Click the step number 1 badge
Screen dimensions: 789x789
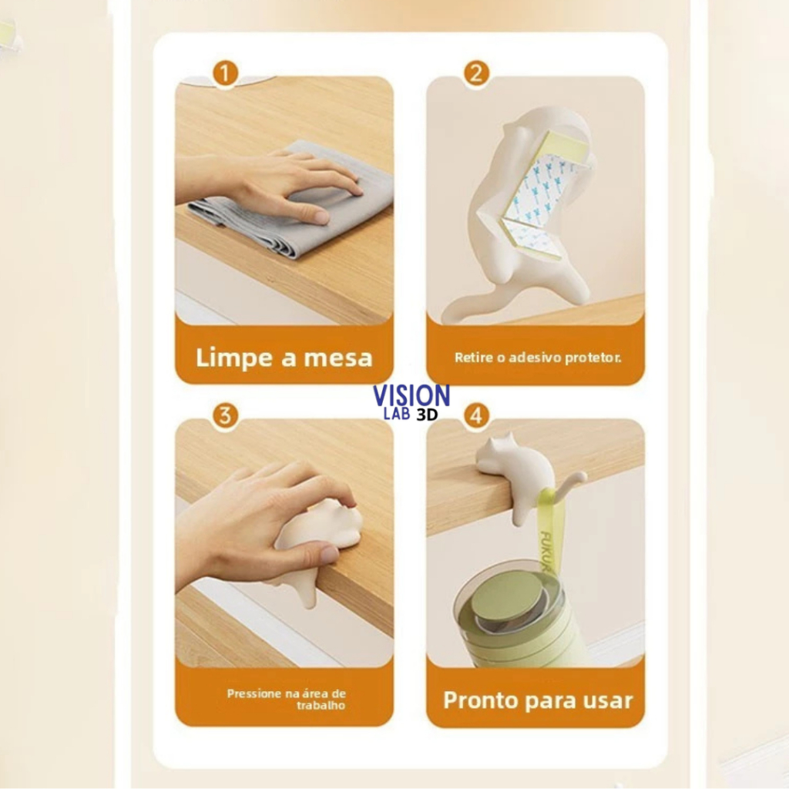225,73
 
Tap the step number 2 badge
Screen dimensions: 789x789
476,73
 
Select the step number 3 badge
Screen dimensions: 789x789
225,415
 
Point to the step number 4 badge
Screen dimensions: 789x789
476,415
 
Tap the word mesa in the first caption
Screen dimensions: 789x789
338,358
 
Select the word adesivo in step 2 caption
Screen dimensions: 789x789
535,358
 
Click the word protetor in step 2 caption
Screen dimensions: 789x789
593,358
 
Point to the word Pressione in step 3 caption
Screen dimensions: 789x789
254,694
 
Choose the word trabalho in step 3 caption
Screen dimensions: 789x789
321,706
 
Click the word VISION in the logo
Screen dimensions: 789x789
411,395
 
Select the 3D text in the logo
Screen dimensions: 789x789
427,414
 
